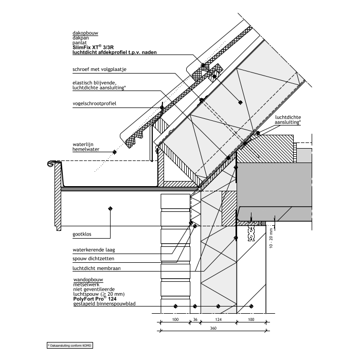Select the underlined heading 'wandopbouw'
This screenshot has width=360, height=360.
coord(86,282)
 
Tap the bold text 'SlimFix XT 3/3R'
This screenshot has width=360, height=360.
coord(95,47)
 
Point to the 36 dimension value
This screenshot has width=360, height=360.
coord(195,320)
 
